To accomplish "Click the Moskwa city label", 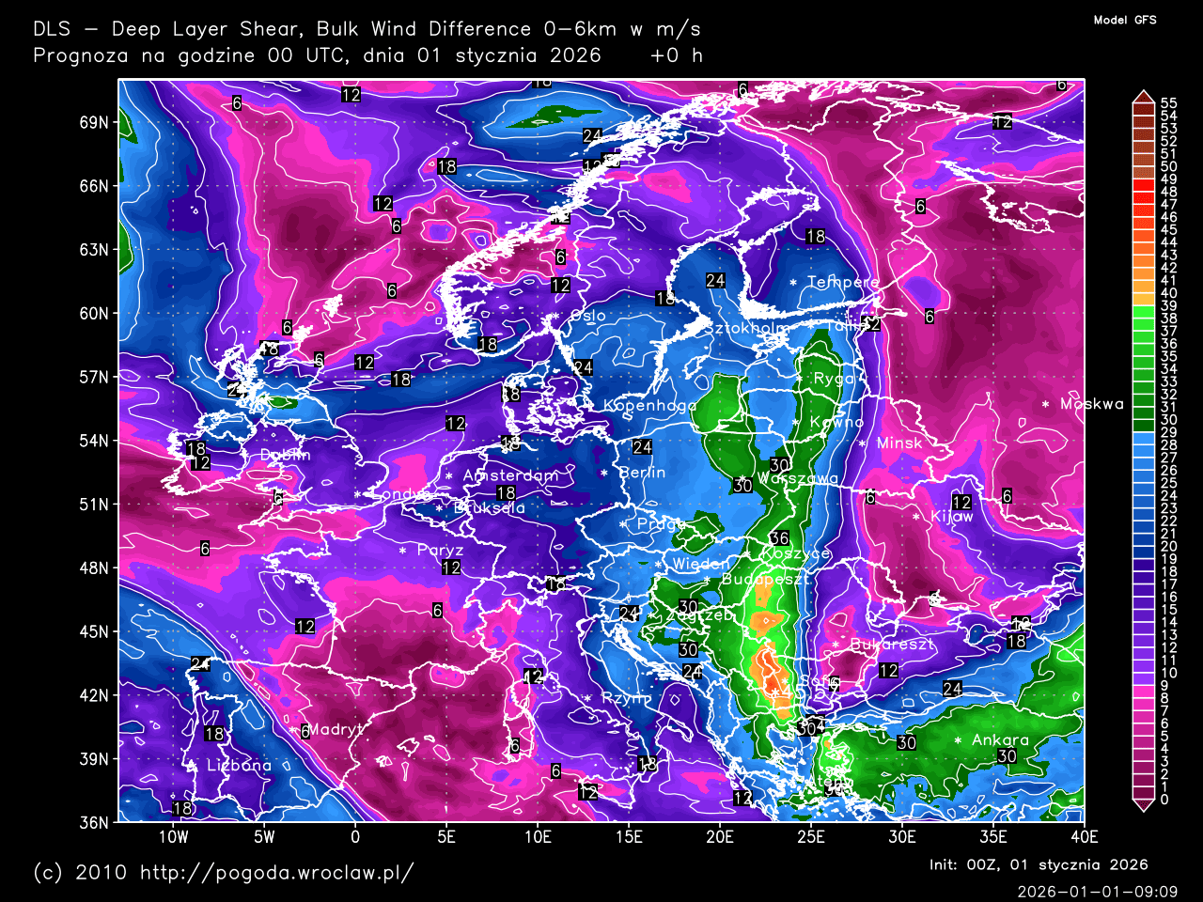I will pos(1091,404).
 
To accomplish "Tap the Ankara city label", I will pos(1000,740).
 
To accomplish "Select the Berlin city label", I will pos(643,473).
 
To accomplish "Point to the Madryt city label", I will pos(335,730).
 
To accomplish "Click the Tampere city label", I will pos(843,282).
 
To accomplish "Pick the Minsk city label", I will pos(899,443).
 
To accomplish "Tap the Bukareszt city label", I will pos(892,645).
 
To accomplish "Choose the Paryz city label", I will pos(440,551).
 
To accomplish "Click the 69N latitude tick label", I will pos(94,122).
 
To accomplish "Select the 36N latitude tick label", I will pos(94,822).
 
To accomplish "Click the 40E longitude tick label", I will pos(1084,837).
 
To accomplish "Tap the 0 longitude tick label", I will pos(355,837).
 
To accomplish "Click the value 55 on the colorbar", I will pos(1168,103).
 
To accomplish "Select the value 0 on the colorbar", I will pos(1164,800).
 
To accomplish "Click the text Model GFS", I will pos(1125,20).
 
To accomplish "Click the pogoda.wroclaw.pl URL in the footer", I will pos(276,872).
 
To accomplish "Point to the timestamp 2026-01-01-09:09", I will pos(1097,891).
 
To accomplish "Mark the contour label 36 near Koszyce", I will pos(779,538).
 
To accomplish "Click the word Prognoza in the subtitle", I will pos(81,54).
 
